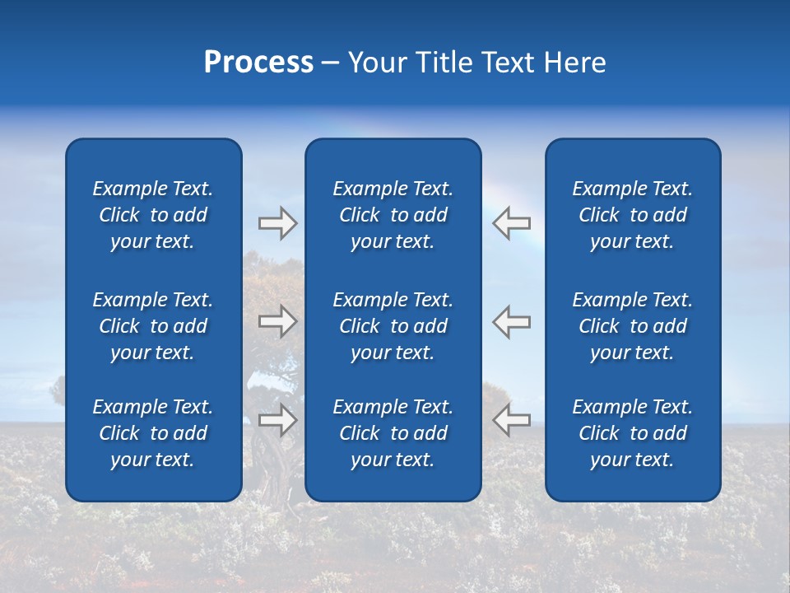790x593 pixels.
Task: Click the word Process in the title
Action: (258, 63)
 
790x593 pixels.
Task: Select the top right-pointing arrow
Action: (277, 223)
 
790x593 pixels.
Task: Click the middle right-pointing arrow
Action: (277, 321)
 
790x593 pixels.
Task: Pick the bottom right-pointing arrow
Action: (277, 421)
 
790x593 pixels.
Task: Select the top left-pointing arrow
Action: (512, 222)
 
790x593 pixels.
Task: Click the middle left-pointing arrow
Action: (512, 321)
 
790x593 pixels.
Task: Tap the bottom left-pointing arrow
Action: (512, 420)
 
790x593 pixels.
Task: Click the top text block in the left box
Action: (153, 215)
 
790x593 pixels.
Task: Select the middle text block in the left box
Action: (153, 326)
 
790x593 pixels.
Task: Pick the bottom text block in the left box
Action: (153, 433)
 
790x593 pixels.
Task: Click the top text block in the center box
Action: (393, 215)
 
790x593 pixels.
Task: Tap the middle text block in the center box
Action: (393, 326)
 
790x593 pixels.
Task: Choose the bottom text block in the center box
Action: (393, 433)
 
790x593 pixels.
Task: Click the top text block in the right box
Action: (633, 215)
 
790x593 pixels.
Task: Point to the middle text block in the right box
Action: (633, 326)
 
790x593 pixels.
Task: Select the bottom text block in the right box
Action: (633, 433)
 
